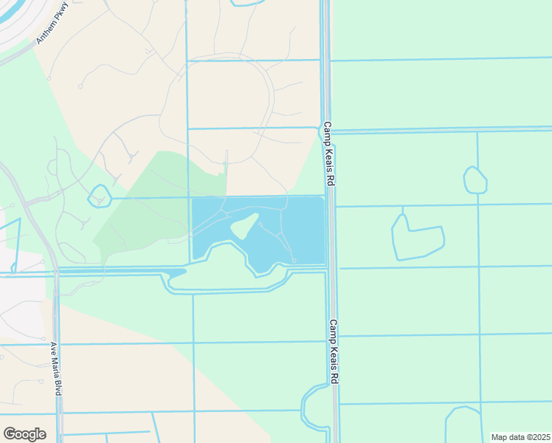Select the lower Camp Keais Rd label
click(x=334, y=351)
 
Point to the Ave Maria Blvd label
click(x=54, y=368)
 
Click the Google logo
click(x=24, y=433)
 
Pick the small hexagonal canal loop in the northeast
click(x=475, y=180)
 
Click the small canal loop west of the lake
click(x=99, y=196)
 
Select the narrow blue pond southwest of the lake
click(x=178, y=278)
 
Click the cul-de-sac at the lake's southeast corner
click(x=294, y=260)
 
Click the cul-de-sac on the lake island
click(x=260, y=224)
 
